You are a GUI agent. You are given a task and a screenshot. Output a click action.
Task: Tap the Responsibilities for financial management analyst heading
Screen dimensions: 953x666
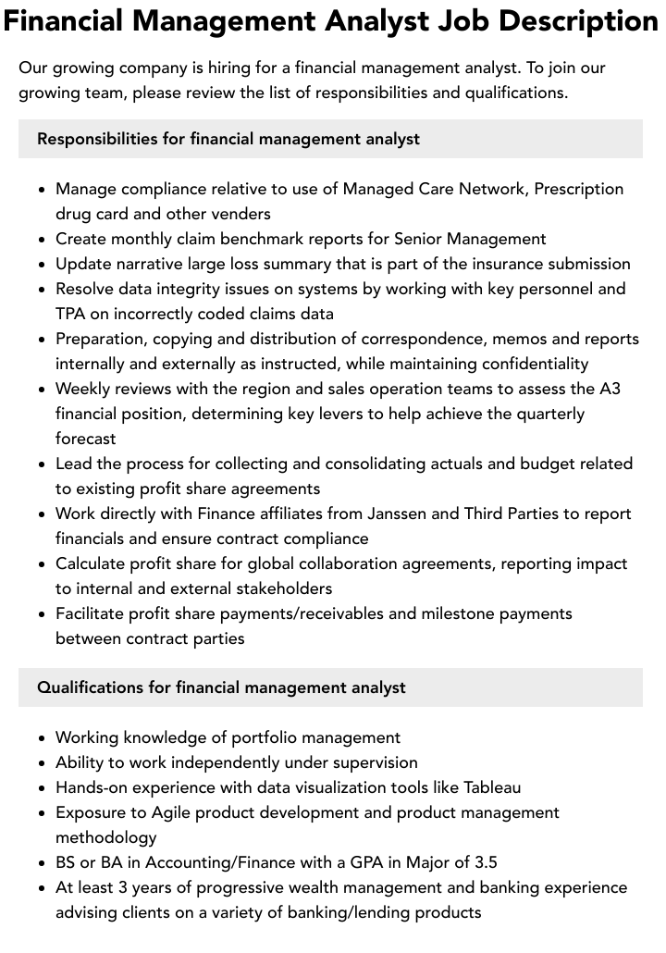point(228,139)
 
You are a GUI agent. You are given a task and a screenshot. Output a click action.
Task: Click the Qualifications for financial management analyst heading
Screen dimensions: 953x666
point(221,687)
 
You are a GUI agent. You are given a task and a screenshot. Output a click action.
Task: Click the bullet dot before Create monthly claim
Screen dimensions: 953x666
point(42,240)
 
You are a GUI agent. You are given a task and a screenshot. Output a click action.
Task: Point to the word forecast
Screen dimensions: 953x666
point(85,439)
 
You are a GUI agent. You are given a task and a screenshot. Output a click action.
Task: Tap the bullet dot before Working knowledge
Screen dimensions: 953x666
point(42,738)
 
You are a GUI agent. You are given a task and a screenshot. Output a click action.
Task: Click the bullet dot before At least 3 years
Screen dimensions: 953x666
point(42,888)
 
